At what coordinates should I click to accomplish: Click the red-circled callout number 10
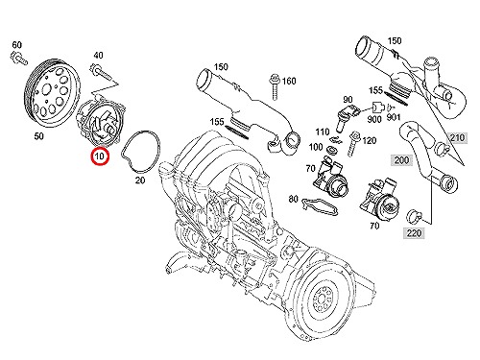100,156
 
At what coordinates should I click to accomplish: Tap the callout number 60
16,45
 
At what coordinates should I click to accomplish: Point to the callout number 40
98,56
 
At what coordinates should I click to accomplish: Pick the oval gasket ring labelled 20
140,151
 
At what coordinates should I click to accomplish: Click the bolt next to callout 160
276,87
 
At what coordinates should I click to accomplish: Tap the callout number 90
348,100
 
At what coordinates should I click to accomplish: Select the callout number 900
374,119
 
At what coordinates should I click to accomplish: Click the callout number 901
394,117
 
